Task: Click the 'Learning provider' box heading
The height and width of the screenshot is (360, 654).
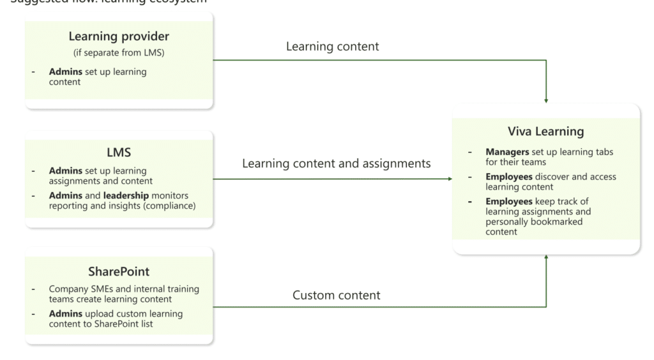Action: [119, 37]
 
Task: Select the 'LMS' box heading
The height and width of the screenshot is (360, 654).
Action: [119, 153]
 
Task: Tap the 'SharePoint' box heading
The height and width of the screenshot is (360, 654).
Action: [119, 271]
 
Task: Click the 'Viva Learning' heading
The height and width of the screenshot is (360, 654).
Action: [545, 132]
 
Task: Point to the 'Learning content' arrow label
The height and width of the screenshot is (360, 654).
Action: [332, 47]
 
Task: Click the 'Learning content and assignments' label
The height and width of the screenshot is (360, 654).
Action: [336, 164]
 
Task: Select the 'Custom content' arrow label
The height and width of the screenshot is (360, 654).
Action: [336, 296]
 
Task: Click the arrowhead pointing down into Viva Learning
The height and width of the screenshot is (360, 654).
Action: [546, 100]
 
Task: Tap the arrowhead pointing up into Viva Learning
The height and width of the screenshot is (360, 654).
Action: [546, 258]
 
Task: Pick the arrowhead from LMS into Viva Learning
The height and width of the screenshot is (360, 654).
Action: [449, 179]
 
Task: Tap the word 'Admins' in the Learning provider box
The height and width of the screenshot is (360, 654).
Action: [66, 72]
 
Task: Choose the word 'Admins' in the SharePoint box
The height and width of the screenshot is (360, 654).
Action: [66, 313]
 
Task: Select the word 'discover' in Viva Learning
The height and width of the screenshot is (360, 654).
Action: [555, 177]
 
